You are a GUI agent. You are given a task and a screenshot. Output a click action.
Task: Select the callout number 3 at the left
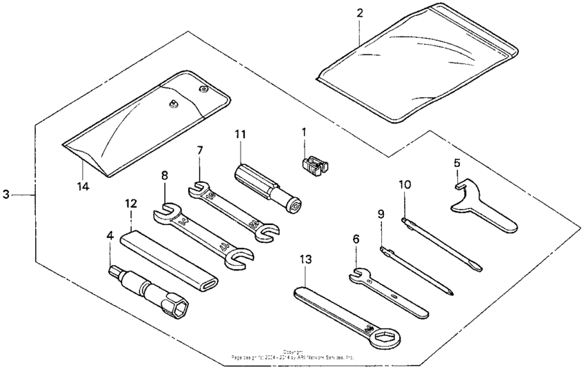[6, 195]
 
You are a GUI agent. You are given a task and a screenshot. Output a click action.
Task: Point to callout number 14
[83, 186]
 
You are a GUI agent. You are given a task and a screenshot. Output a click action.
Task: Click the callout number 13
[305, 259]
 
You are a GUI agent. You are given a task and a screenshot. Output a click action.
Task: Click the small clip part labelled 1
[313, 166]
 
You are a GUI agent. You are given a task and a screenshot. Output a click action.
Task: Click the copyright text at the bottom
[293, 354]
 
